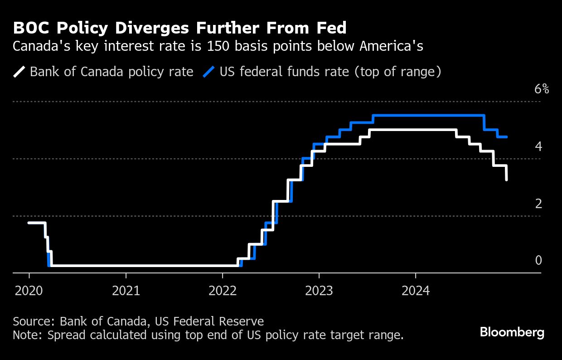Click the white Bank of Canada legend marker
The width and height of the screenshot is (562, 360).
[x=20, y=72]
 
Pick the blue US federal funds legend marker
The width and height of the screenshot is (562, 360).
[x=209, y=72]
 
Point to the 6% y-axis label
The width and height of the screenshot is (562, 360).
[x=542, y=89]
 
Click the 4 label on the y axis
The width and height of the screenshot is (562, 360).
[x=538, y=146]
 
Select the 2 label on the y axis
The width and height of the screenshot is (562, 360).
[x=538, y=204]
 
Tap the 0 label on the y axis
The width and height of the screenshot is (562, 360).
[x=538, y=260]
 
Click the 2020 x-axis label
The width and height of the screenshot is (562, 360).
[x=29, y=290]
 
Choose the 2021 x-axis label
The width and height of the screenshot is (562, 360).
[x=126, y=290]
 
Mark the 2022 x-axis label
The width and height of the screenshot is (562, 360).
[x=223, y=290]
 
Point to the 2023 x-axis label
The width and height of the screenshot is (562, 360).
[x=319, y=290]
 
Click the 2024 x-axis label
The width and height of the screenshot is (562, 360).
[x=416, y=290]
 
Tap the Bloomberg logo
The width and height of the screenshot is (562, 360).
[x=512, y=332]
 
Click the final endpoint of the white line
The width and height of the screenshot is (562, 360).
[x=506, y=180]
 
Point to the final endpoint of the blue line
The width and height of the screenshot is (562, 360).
[x=506, y=136]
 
